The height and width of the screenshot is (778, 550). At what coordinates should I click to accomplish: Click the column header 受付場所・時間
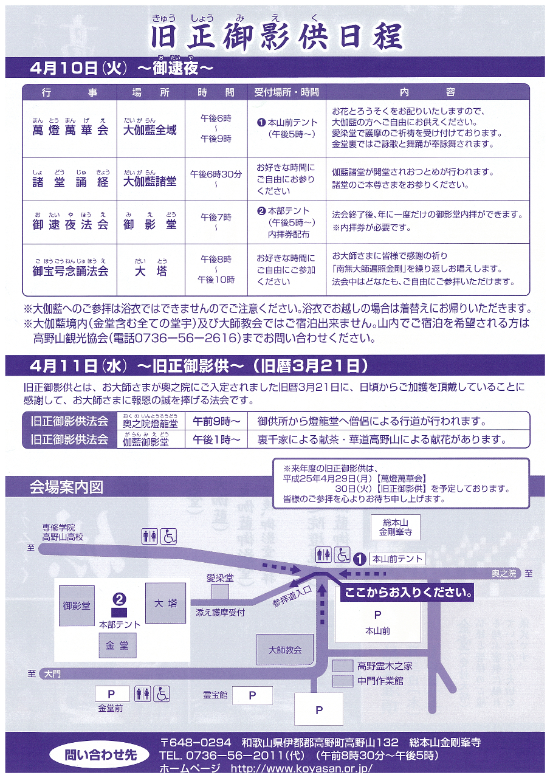pyautogui.click(x=286, y=92)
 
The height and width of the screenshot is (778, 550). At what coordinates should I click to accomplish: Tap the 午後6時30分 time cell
pyautogui.click(x=216, y=174)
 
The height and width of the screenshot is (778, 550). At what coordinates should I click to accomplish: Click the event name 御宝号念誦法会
pyautogui.click(x=70, y=270)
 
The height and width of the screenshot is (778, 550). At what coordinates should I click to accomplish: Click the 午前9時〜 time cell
pyautogui.click(x=216, y=421)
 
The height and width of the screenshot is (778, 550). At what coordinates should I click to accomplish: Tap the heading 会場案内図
pyautogui.click(x=66, y=487)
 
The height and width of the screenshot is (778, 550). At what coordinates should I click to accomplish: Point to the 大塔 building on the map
pyautogui.click(x=165, y=603)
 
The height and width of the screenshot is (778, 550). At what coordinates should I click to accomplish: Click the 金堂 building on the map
pyautogui.click(x=117, y=646)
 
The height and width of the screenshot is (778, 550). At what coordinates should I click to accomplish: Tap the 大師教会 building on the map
pyautogui.click(x=285, y=650)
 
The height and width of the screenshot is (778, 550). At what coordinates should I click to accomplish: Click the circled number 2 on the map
pyautogui.click(x=120, y=599)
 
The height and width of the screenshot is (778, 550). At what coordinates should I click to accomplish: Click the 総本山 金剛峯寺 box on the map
pyautogui.click(x=396, y=528)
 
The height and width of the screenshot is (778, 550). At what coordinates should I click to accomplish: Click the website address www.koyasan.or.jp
pyautogui.click(x=301, y=768)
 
